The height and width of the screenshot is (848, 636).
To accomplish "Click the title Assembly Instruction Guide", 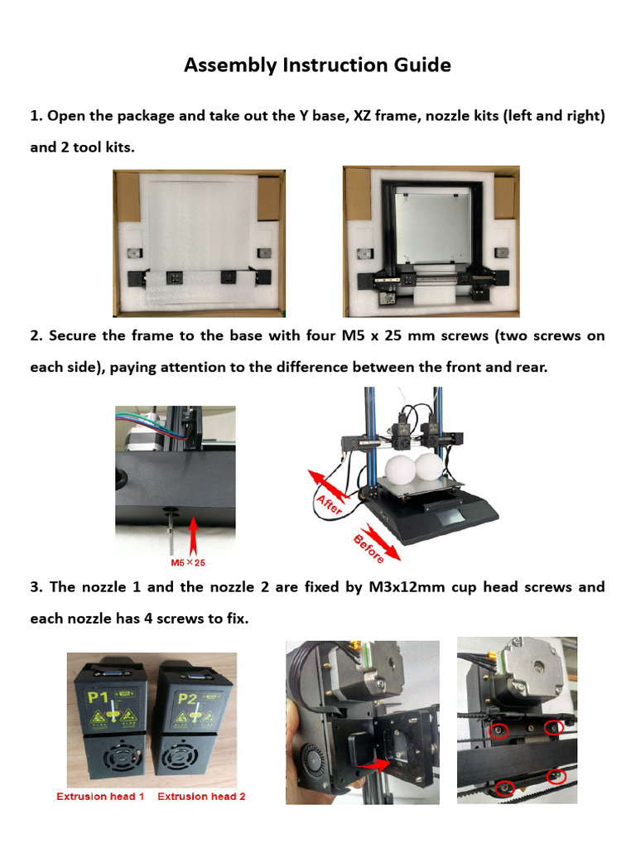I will [x=317, y=65].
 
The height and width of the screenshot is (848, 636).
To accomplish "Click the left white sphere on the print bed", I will [x=401, y=470].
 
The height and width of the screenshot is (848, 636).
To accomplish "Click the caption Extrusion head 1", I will [x=100, y=797].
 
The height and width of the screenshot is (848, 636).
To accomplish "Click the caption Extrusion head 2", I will [x=201, y=797].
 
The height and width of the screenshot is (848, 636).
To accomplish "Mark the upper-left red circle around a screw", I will [x=499, y=730].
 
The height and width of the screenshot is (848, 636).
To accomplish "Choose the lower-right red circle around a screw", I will [x=556, y=777].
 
